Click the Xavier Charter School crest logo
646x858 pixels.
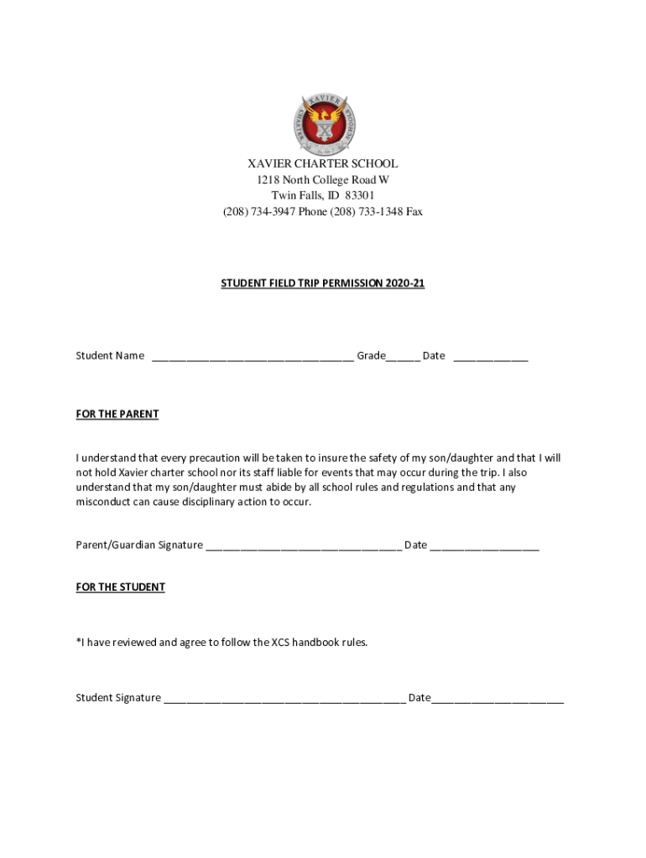pos(323,121)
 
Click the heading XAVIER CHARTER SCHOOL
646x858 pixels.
pos(323,164)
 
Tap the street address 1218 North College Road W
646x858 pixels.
pos(323,180)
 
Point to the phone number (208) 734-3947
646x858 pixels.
pos(257,212)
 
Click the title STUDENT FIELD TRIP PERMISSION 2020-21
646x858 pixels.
pos(323,284)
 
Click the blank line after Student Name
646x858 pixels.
pos(253,357)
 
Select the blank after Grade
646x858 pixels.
pos(403,357)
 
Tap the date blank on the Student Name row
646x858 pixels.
pos(491,357)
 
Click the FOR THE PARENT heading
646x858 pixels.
pos(117,415)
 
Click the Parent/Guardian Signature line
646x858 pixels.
pos(304,546)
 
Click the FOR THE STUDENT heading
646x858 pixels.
pos(121,587)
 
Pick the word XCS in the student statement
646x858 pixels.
pos(281,643)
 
